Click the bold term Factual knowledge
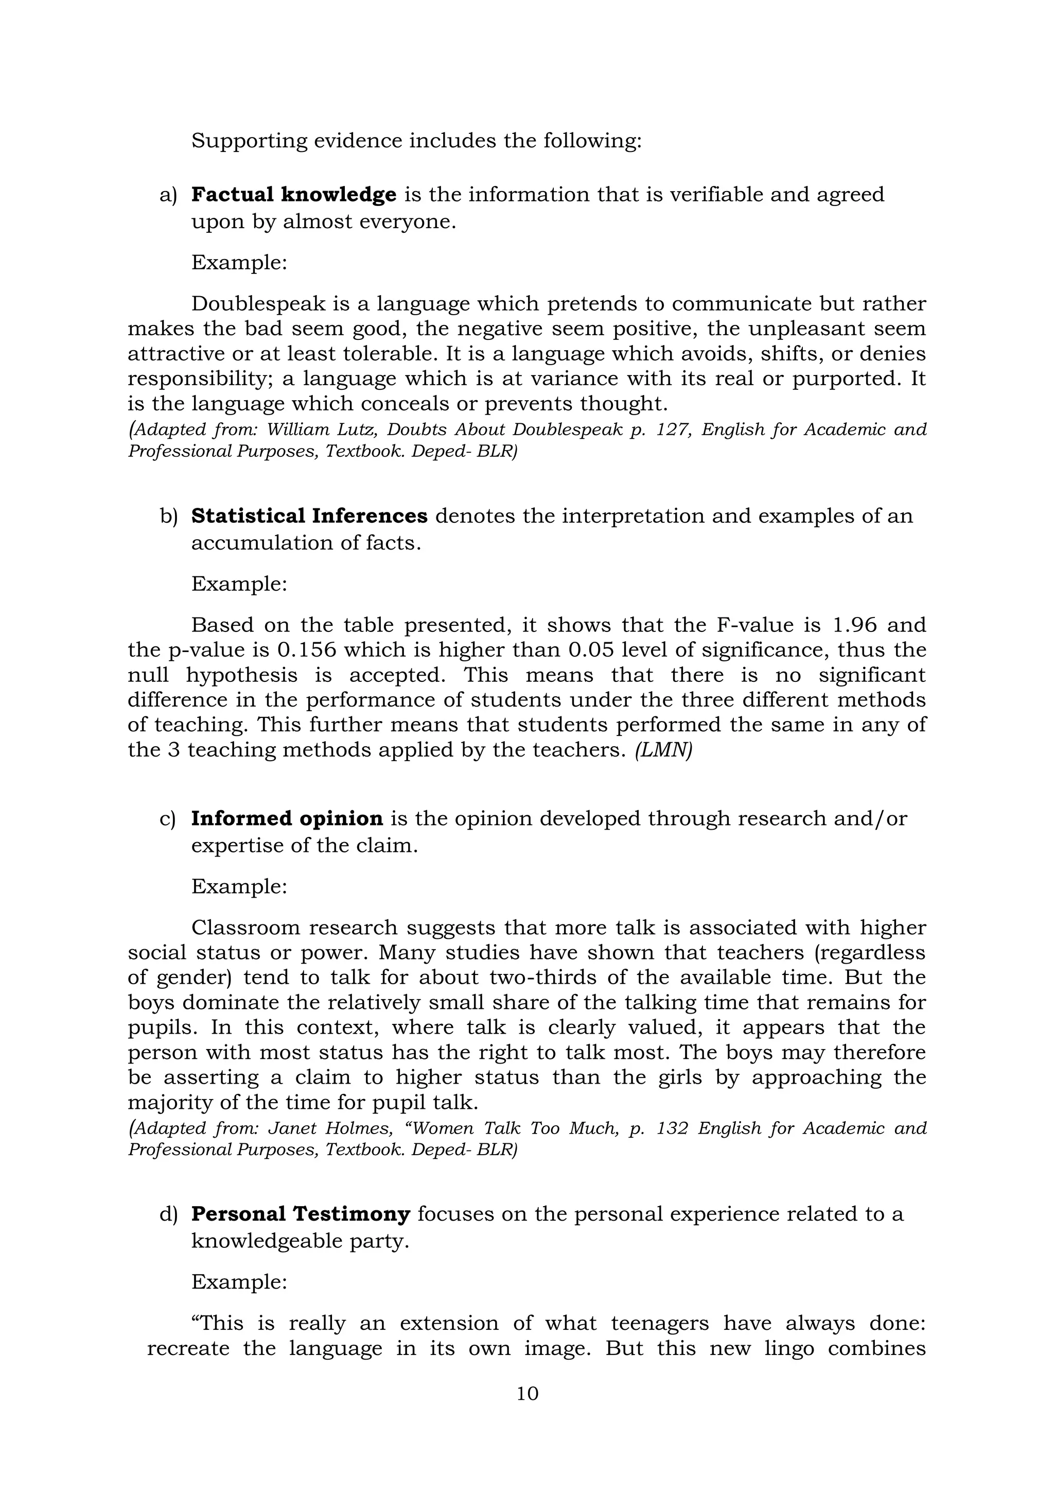pos(293,194)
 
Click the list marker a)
pos(168,195)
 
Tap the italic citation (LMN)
pos(663,750)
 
